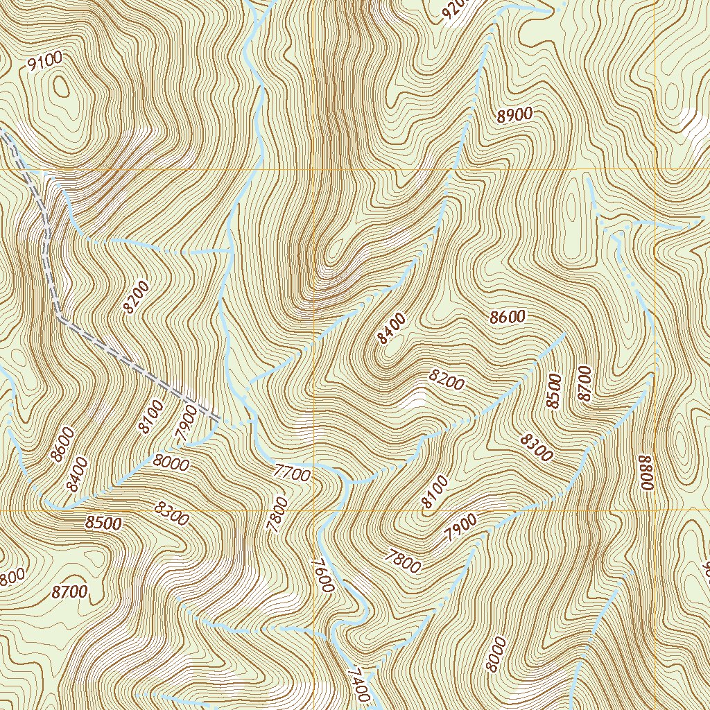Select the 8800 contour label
[x=646, y=472]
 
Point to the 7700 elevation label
[x=291, y=474]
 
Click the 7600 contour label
[x=323, y=575]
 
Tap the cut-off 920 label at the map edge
[x=453, y=10]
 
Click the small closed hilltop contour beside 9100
[x=61, y=87]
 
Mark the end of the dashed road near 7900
[x=218, y=419]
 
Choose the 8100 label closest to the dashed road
[x=150, y=417]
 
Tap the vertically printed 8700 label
[x=584, y=383]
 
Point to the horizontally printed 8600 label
[x=507, y=318]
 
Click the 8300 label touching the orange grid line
[x=171, y=514]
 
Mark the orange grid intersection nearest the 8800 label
[x=655, y=510]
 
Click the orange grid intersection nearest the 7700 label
[x=314, y=510]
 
